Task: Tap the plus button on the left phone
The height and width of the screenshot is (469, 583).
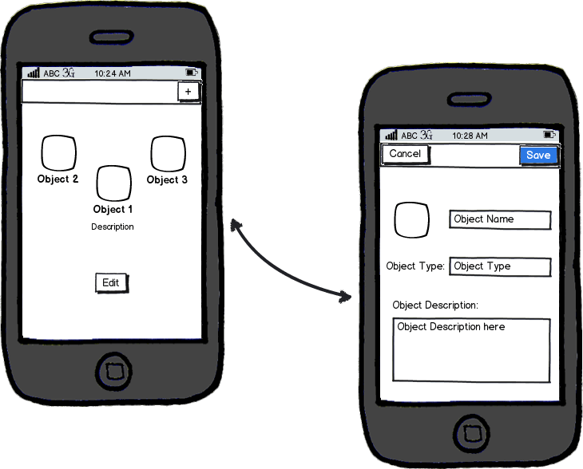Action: pos(188,92)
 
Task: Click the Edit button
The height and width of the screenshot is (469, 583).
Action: pos(112,283)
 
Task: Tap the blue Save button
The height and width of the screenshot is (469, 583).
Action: pos(539,156)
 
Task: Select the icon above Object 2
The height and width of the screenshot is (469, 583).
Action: pos(59,153)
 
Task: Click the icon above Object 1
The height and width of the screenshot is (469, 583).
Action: pos(113,183)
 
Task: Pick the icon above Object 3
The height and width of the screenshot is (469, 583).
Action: pos(168,154)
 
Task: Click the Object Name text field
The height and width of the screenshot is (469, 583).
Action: pos(500,220)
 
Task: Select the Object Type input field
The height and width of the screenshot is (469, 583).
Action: pos(500,266)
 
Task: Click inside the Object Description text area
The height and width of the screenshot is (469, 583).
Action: pos(471,350)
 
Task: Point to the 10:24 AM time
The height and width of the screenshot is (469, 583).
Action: pos(113,73)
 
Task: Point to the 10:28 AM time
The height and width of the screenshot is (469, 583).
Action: pos(470,136)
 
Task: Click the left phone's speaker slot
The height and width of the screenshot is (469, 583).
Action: pos(112,37)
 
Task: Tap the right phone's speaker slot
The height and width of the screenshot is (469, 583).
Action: pos(470,100)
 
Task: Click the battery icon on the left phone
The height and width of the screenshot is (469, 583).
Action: pos(192,73)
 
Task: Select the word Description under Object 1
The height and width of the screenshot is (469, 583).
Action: pos(113,227)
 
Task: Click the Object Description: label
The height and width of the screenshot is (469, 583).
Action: pos(435,305)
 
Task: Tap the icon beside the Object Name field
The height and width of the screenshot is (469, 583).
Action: pos(411,220)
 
